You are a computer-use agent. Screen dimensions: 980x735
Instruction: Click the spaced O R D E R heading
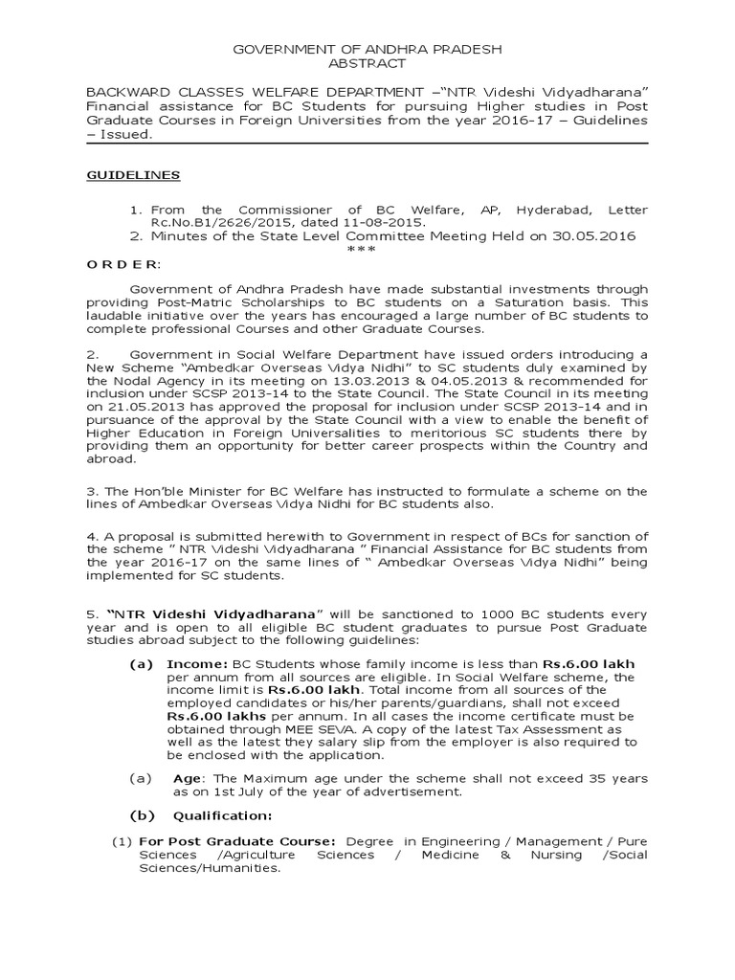(x=124, y=263)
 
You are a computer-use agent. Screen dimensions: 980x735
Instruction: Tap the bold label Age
(x=188, y=778)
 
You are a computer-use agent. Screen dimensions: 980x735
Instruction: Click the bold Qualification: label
(x=222, y=815)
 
